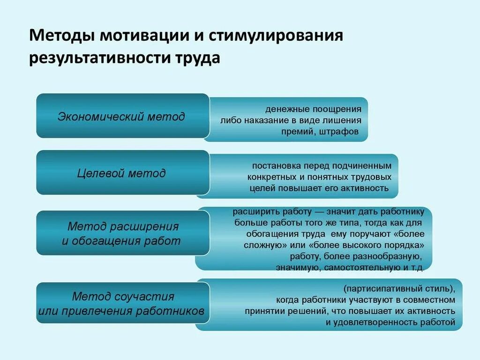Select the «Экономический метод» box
click(x=122, y=116)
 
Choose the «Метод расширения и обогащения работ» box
click(x=122, y=233)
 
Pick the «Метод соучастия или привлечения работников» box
click(x=122, y=303)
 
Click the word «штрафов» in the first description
click(x=339, y=132)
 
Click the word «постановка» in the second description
click(x=274, y=166)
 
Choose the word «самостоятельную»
click(x=357, y=268)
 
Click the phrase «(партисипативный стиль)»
click(x=399, y=288)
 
